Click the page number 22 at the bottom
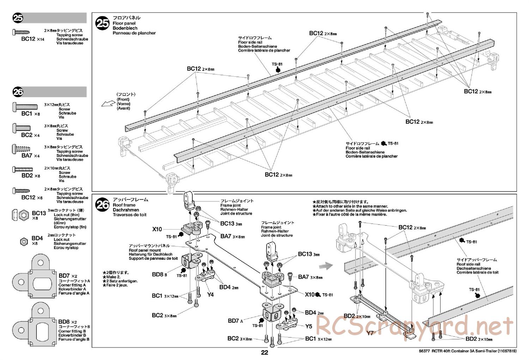264,353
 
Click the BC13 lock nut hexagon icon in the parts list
24,214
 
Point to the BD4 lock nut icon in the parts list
24,241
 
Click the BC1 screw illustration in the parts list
25,106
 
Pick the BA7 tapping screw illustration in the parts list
21,149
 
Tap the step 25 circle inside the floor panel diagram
103,23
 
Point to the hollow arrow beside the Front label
106,103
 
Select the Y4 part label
210,294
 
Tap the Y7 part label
370,333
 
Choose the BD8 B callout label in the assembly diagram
159,274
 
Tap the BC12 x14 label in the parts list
33,39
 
